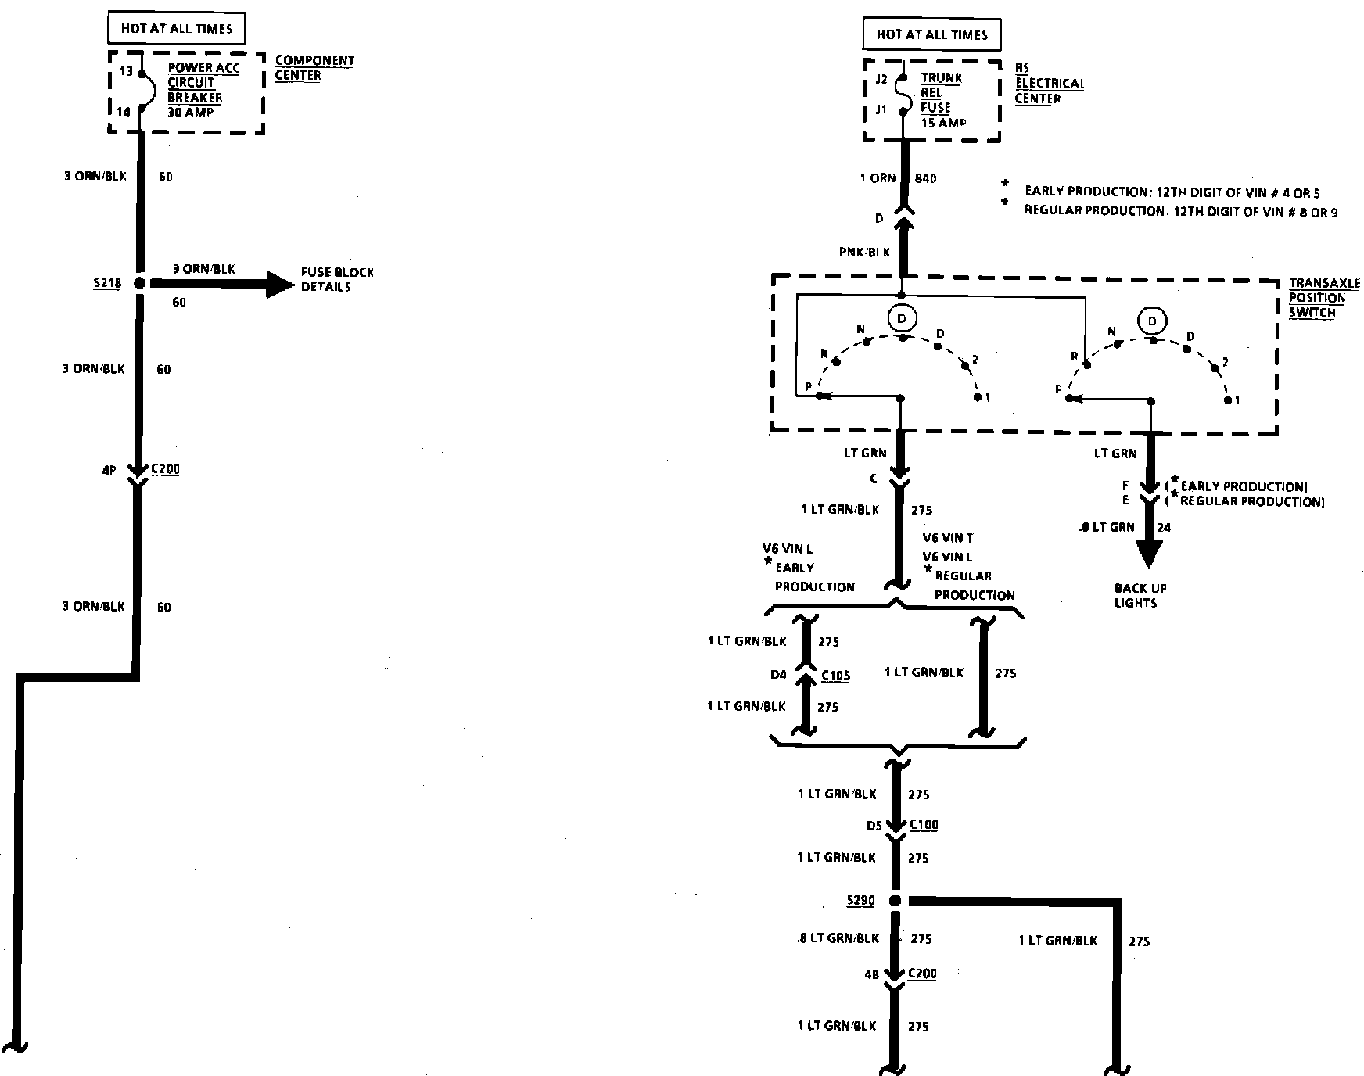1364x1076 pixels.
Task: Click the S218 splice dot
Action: (140, 284)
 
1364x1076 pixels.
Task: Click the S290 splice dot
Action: (896, 901)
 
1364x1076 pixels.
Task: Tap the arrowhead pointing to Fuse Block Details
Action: (277, 285)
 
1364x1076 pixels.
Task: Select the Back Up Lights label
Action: (1140, 595)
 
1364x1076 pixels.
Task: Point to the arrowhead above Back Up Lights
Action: (1149, 554)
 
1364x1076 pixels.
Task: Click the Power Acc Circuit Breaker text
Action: (203, 90)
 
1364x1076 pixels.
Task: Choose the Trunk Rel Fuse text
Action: (941, 100)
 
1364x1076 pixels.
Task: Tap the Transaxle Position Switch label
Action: (1323, 298)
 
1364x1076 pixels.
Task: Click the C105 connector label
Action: (835, 676)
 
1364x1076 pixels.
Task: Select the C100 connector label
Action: (923, 825)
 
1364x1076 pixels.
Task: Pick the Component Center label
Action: (314, 68)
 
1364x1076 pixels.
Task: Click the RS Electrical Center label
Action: (1049, 84)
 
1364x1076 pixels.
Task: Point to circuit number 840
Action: (925, 178)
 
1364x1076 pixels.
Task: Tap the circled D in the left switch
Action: (902, 318)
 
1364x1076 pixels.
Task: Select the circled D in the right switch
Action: (1152, 321)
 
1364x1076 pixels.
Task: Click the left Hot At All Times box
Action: (177, 29)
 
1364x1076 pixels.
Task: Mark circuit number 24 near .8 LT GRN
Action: (1164, 527)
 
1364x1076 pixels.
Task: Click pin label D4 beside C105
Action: (778, 675)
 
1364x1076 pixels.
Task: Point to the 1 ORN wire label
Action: (878, 178)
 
